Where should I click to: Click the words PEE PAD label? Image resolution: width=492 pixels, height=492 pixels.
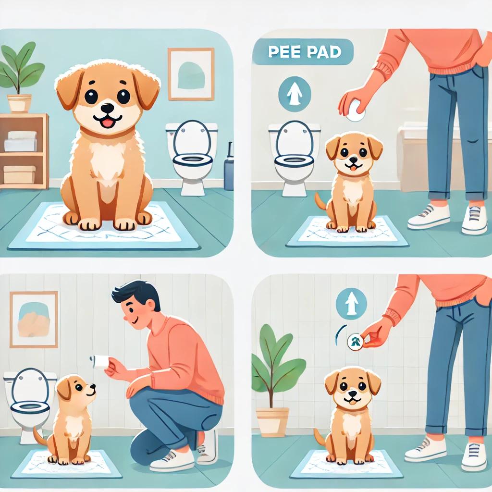tap(305, 52)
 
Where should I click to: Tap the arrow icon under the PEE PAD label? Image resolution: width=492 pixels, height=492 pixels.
tap(295, 94)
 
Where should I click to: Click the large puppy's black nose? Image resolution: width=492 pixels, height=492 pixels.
tap(108, 109)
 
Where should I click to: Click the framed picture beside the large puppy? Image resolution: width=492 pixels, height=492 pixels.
tap(191, 74)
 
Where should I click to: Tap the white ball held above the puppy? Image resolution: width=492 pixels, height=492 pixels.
tap(355, 111)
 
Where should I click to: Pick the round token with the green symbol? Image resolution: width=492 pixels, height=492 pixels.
tap(355, 342)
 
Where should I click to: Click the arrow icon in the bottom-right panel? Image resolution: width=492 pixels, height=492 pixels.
tap(351, 304)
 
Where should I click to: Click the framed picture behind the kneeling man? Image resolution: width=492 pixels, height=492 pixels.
tap(34, 320)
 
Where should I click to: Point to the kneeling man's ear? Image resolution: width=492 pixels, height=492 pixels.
tap(151, 306)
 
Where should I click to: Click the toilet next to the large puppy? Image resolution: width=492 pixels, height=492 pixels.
tap(191, 157)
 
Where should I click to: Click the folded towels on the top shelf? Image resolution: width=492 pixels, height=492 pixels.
tap(21, 141)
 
